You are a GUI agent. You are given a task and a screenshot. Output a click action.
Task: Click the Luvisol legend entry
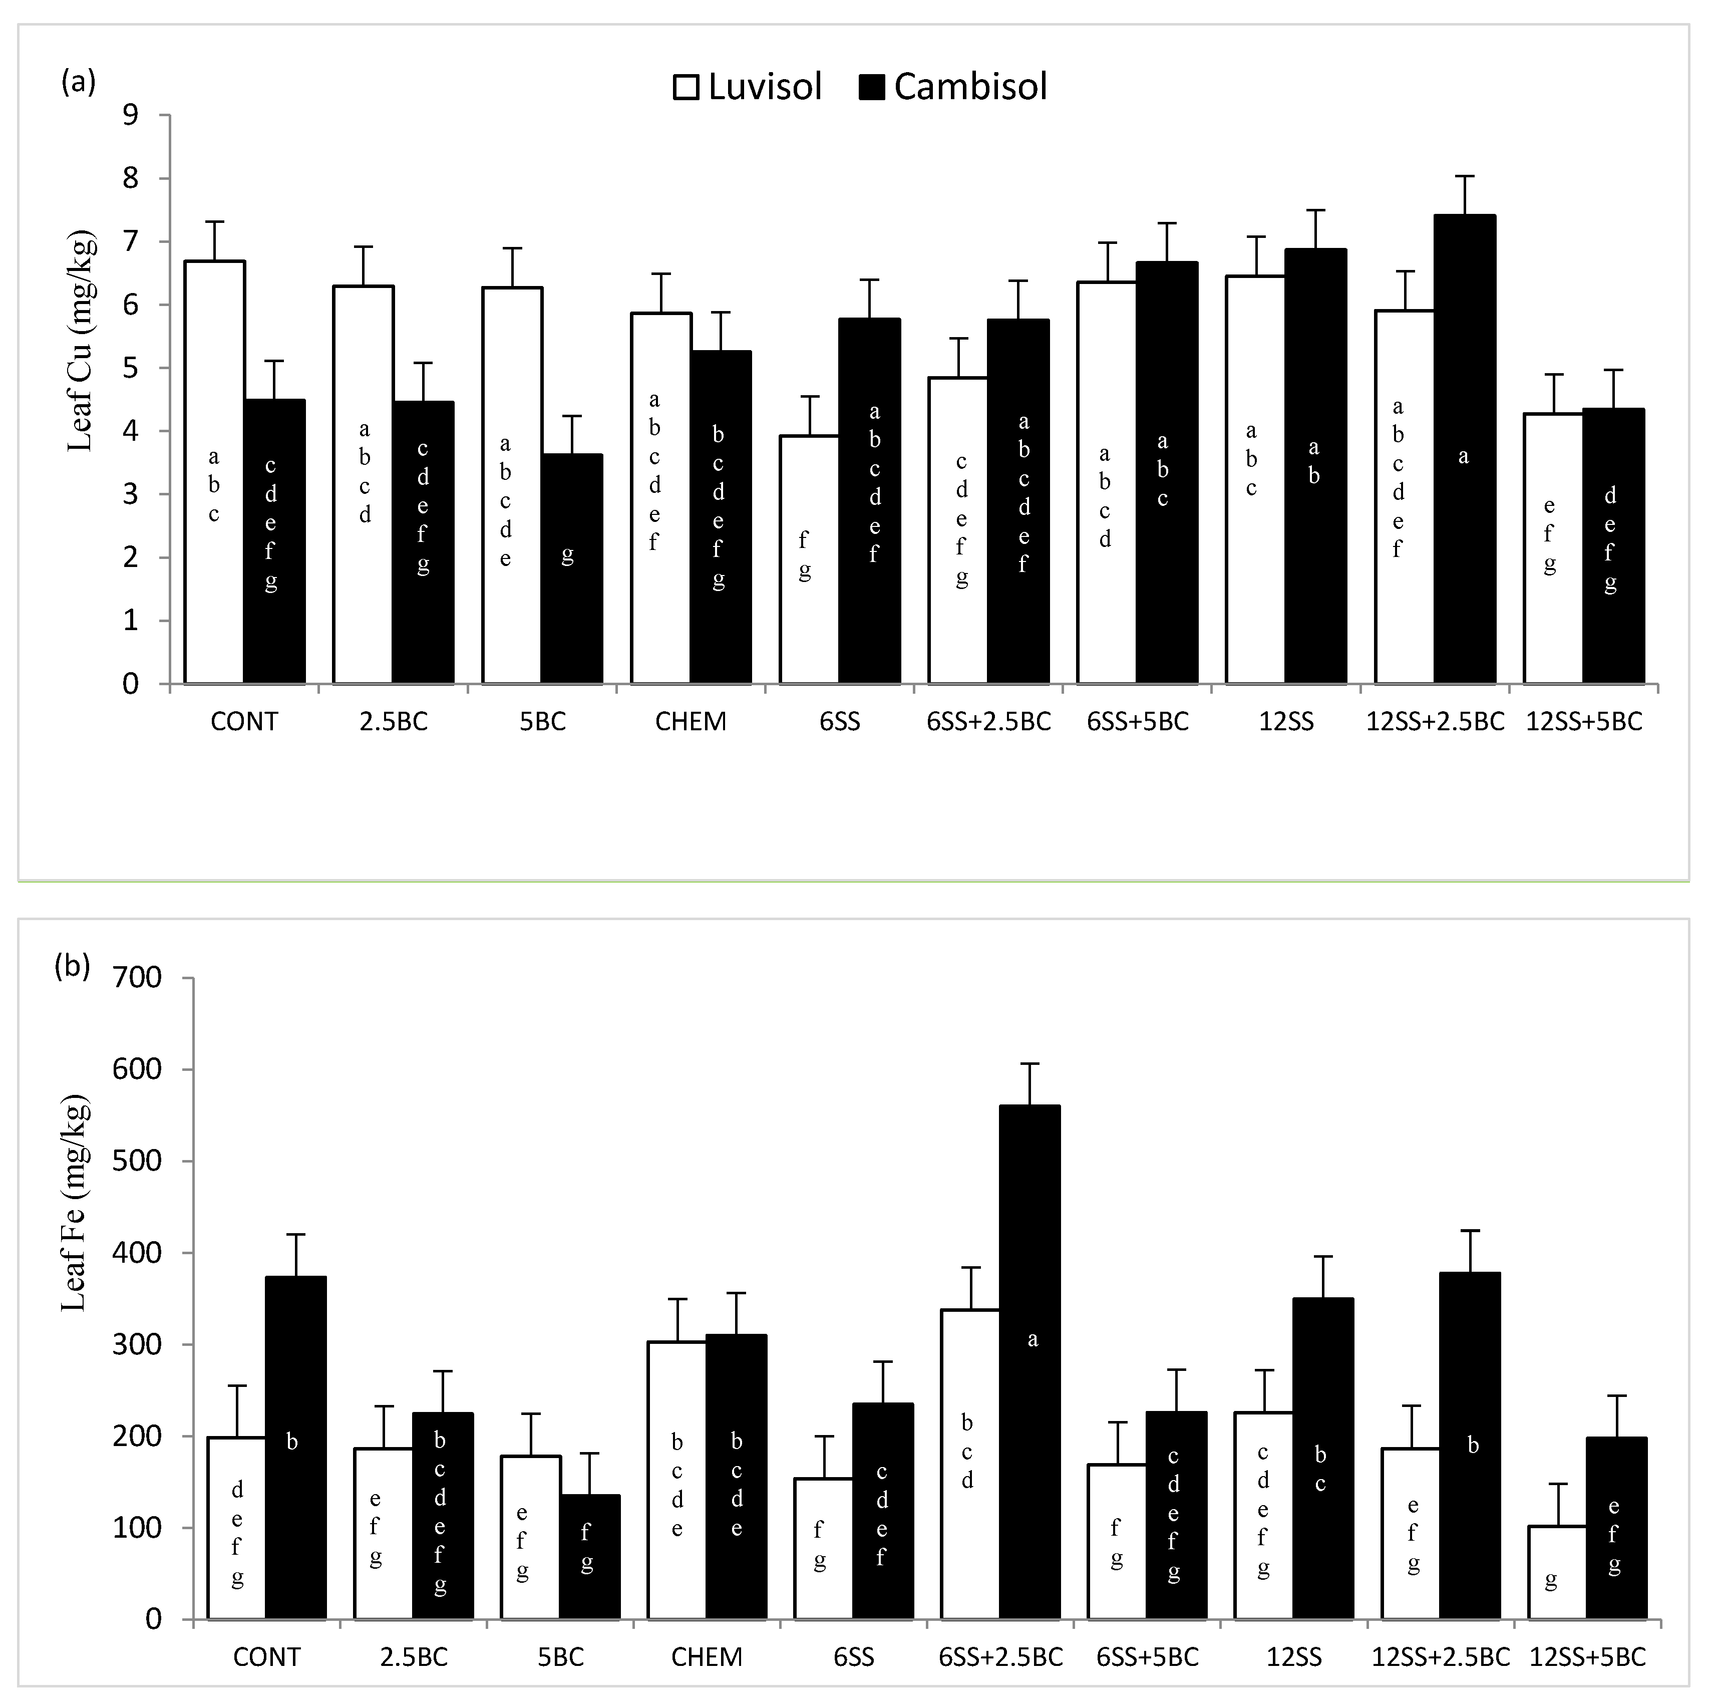pos(748,87)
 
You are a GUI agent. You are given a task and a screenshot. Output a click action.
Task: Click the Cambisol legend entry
pos(955,87)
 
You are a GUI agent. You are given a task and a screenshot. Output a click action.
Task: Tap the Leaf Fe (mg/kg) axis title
pos(75,1205)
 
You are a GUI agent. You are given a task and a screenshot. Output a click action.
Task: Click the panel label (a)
pos(78,82)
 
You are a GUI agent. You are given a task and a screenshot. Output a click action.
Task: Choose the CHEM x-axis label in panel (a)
pos(691,722)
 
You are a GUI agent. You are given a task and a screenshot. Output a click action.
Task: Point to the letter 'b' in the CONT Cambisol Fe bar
pos(292,1442)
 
